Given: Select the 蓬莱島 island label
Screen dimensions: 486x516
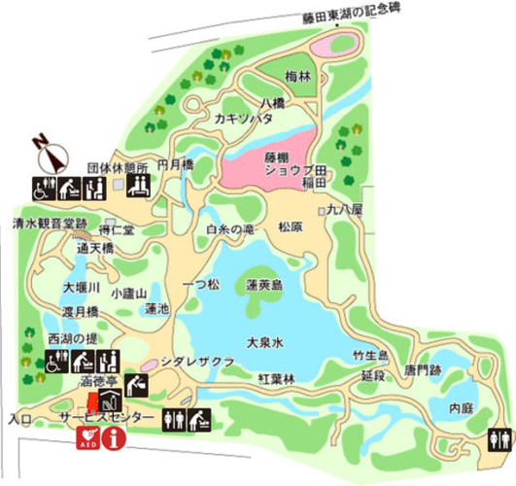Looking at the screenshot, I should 263,286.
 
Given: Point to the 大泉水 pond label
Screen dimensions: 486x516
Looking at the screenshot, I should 263,342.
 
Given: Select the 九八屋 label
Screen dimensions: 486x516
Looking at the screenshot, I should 344,208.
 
